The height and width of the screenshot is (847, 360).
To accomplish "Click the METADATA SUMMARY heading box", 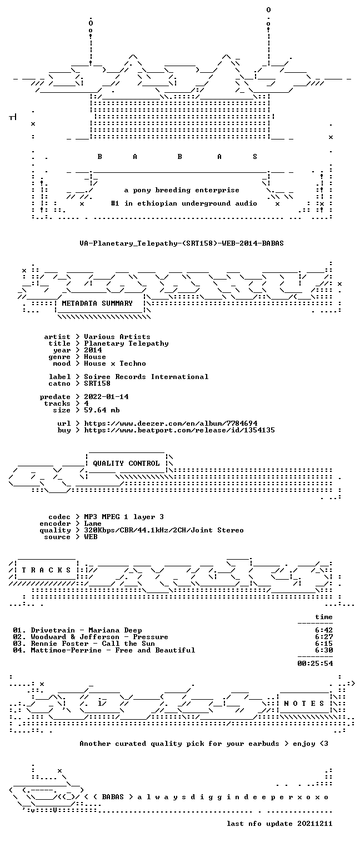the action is (100, 303).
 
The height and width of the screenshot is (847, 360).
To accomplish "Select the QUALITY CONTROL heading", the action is (126, 463).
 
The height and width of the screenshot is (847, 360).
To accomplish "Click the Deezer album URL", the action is (171, 423).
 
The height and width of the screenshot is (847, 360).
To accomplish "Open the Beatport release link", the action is (179, 430).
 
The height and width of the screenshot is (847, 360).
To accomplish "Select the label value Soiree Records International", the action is (146, 377).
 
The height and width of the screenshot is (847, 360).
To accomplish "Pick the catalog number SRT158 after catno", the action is (97, 383).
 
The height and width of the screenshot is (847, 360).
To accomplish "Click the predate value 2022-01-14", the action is (106, 397).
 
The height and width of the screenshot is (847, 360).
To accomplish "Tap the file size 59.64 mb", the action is (102, 410).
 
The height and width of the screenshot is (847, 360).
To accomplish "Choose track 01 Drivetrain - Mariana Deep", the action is (78, 630).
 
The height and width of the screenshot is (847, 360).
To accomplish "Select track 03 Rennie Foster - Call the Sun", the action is (84, 644).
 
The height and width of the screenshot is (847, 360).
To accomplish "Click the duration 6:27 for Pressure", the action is (324, 637).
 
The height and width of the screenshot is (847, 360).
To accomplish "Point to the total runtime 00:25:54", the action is (315, 663).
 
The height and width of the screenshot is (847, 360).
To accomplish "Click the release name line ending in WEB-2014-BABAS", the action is (182, 243).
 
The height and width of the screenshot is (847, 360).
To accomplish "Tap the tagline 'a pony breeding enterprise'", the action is (182, 190).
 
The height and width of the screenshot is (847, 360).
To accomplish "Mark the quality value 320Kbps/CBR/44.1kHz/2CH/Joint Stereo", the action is (164, 530).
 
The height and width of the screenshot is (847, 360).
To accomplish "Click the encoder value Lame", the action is (93, 524).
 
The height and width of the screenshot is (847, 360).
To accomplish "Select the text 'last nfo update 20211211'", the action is (279, 824).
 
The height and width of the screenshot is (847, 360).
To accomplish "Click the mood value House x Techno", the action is (115, 363).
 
